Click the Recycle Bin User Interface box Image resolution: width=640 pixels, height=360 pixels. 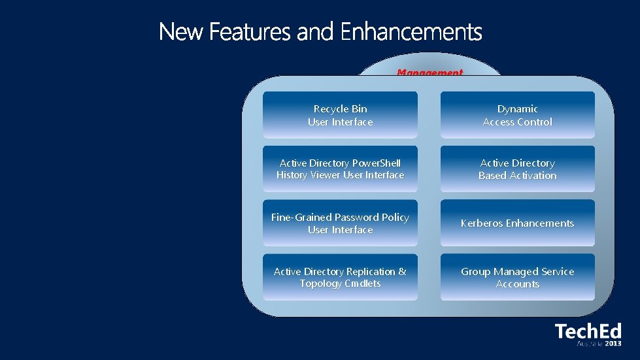tap(340, 115)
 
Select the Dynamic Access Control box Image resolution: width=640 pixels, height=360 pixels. tap(517, 115)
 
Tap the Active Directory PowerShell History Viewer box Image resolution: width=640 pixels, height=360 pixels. tap(340, 169)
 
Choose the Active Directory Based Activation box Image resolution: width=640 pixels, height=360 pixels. tap(517, 169)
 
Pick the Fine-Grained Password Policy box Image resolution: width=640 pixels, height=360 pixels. tap(340, 223)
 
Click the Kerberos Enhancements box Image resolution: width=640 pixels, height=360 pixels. tap(517, 223)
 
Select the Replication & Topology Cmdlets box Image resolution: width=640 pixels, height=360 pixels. tap(340, 278)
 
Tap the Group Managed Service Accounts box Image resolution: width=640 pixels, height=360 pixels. tap(517, 278)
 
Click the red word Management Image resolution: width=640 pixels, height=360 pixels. tap(429, 72)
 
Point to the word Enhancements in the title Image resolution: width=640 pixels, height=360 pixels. tap(411, 31)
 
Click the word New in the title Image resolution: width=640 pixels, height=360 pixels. tap(181, 31)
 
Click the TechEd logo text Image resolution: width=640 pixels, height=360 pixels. tap(588, 331)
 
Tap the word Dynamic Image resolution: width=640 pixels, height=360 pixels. tap(517, 109)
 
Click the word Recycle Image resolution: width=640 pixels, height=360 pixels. tap(331, 109)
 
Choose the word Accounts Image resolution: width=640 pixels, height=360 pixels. tap(517, 284)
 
